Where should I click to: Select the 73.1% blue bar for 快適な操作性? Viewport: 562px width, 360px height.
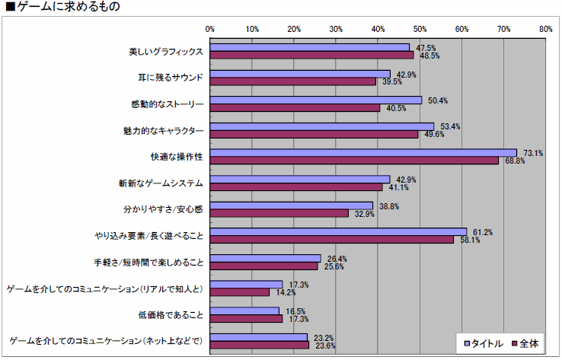tap(363, 152)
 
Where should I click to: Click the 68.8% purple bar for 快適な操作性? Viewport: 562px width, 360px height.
tap(354, 160)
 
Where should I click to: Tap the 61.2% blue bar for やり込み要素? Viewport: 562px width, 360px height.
tap(338, 231)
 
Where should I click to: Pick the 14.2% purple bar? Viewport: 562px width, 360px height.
tap(240, 292)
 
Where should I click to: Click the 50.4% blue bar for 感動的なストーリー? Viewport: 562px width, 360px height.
tap(315, 100)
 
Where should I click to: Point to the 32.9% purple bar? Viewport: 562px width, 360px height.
tap(279, 212)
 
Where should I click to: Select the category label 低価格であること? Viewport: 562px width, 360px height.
tap(170, 314)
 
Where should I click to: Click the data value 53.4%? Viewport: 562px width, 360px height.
tap(446, 126)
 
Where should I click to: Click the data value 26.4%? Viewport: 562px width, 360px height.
tap(333, 258)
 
